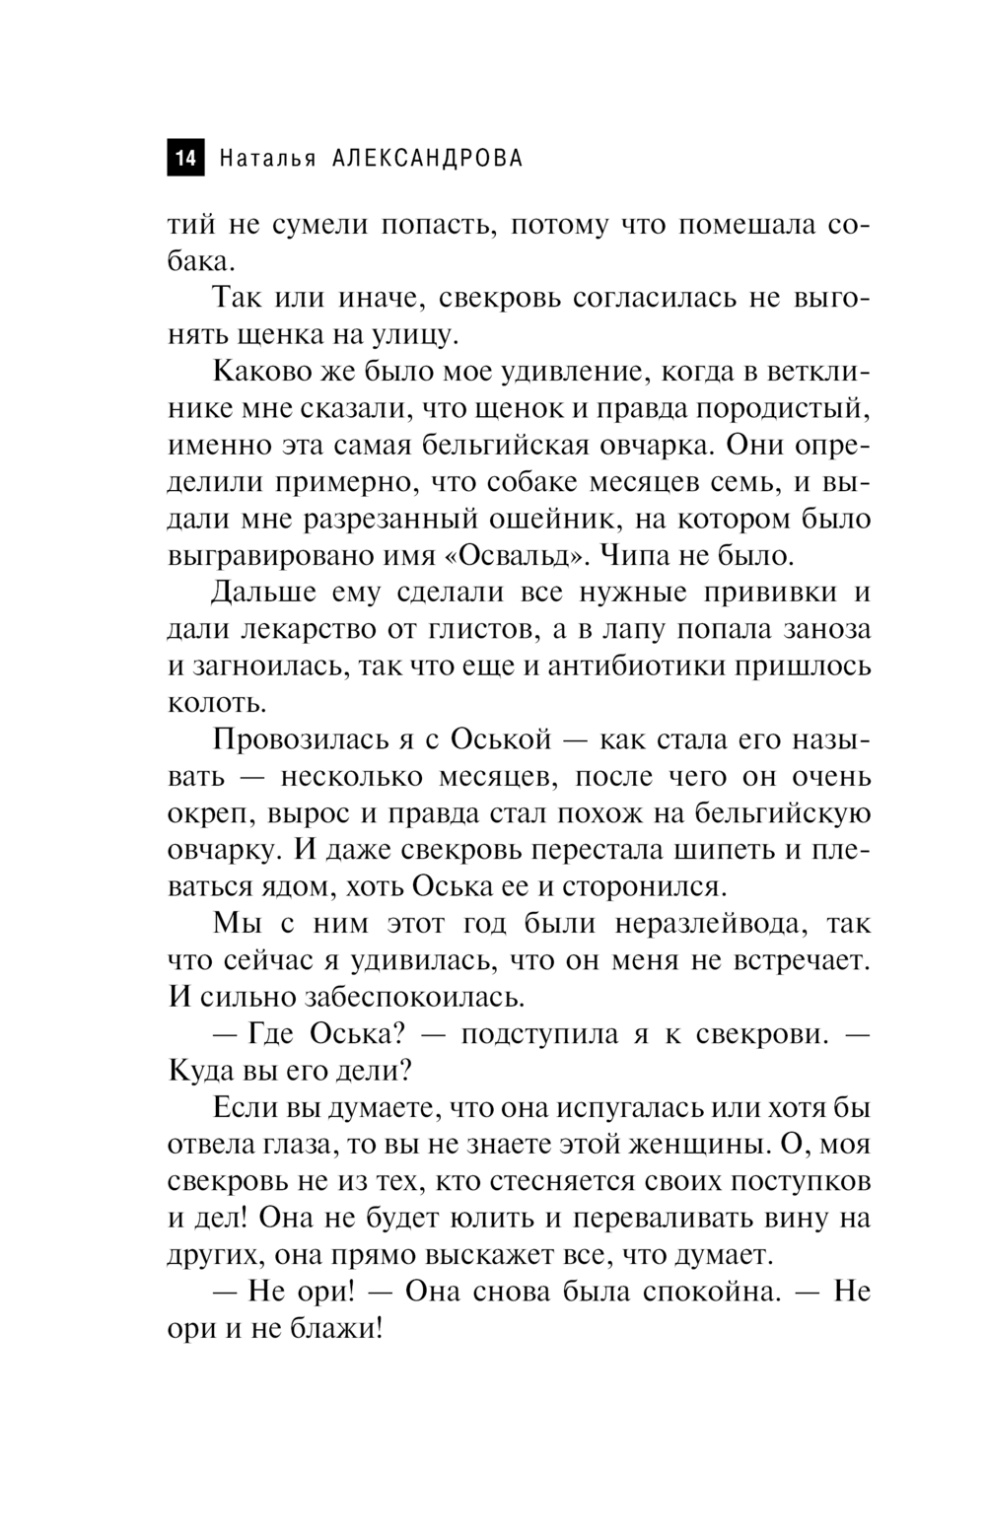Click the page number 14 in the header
[x=185, y=159]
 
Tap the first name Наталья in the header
[x=268, y=159]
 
